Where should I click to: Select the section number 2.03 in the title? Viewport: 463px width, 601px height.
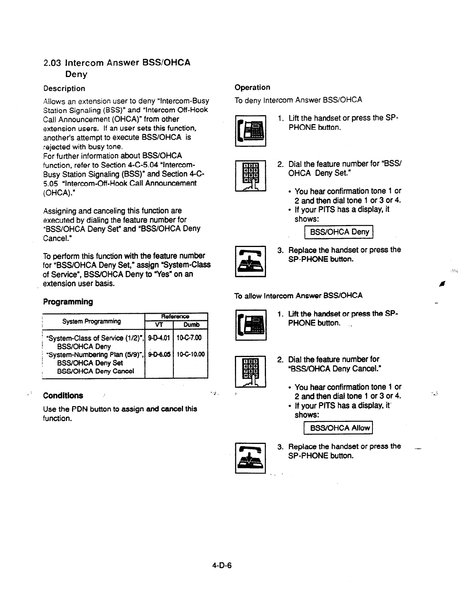point(52,63)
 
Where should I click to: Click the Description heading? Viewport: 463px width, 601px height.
point(64,88)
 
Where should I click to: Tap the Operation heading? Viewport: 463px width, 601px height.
point(252,87)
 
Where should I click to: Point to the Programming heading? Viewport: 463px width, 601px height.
point(68,302)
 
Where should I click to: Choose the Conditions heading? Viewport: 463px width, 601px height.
point(63,396)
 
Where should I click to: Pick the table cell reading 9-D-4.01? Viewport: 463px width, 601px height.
point(159,338)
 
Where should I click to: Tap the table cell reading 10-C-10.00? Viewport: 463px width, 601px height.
point(190,354)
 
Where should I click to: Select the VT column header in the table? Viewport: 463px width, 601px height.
point(159,325)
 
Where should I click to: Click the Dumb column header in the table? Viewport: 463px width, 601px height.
point(191,325)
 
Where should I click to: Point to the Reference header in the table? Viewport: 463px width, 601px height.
point(175,316)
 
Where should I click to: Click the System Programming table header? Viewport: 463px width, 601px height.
point(92,321)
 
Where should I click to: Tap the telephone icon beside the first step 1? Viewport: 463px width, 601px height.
point(250,131)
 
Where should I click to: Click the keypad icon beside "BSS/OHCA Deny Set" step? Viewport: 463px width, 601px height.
point(250,176)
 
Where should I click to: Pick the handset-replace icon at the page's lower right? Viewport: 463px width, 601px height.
point(250,458)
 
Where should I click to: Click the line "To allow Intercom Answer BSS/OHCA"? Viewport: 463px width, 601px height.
point(298,296)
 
